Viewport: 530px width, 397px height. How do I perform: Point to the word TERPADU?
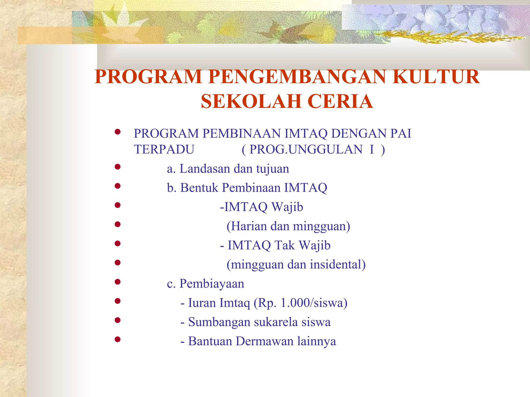(x=164, y=149)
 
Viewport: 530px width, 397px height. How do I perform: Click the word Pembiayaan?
(x=212, y=284)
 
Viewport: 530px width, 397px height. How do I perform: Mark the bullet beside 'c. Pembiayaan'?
(x=118, y=282)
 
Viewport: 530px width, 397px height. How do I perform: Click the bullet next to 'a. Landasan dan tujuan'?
(x=118, y=167)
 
